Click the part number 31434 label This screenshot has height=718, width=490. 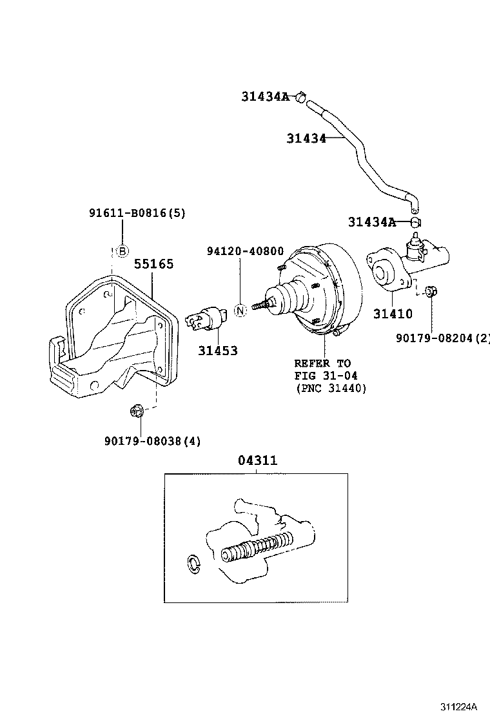coord(307,138)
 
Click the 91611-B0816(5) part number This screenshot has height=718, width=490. coord(137,213)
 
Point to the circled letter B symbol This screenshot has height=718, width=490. coord(122,251)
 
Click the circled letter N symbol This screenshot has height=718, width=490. coord(240,310)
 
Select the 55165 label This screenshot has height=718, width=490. coord(153,264)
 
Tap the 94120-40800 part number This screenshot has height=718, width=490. coord(245,251)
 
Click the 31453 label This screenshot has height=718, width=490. coord(217,351)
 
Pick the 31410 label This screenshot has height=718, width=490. coord(393,314)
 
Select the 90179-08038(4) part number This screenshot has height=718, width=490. coord(152,442)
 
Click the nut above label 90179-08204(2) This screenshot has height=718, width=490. coord(432,291)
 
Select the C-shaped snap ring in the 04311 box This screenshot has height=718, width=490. coord(193,563)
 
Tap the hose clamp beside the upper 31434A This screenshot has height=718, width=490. coord(300,97)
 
